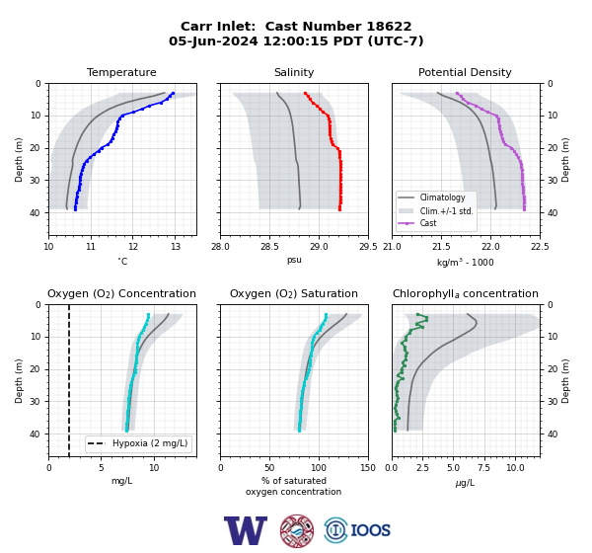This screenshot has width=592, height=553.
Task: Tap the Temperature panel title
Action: click(x=121, y=72)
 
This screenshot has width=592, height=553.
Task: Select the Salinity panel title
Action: click(x=294, y=72)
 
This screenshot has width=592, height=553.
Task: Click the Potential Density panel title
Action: click(x=465, y=72)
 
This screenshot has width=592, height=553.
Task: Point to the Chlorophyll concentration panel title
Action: click(x=466, y=293)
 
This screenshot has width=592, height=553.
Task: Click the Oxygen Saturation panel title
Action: click(x=294, y=293)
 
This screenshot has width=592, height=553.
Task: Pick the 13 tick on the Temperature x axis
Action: click(x=175, y=247)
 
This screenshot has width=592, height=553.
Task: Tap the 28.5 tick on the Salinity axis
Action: click(x=269, y=247)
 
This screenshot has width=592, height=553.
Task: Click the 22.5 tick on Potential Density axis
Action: click(x=540, y=247)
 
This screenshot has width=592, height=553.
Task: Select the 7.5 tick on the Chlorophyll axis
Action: click(x=483, y=468)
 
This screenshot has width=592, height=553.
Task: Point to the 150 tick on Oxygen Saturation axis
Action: click(x=368, y=468)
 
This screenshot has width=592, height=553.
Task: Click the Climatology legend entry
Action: click(x=442, y=197)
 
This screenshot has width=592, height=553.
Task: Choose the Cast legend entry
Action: click(x=428, y=223)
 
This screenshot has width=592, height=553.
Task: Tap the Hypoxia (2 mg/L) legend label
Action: click(x=150, y=443)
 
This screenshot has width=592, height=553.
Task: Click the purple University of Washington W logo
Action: click(x=246, y=530)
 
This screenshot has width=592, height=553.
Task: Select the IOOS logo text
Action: click(x=370, y=530)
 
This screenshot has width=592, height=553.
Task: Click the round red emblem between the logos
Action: click(x=297, y=530)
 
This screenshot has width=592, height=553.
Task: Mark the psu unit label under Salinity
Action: click(x=294, y=260)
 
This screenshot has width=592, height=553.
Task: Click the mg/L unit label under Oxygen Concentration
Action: click(x=121, y=481)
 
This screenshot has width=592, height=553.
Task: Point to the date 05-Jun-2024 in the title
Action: click(x=213, y=40)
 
